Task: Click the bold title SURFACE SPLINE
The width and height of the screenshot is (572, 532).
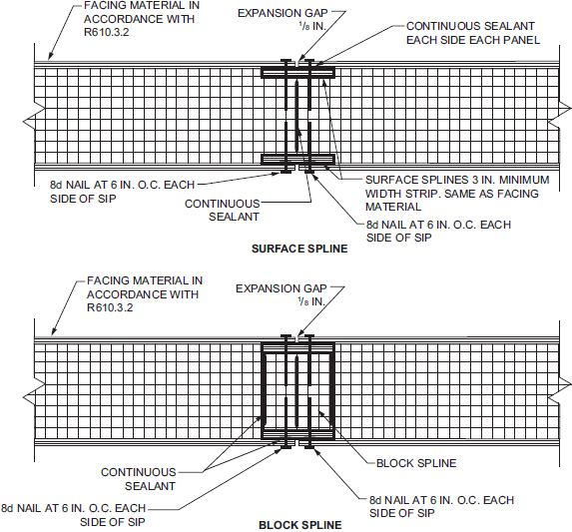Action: click(x=299, y=249)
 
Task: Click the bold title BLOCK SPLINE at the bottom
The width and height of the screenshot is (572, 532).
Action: click(x=300, y=525)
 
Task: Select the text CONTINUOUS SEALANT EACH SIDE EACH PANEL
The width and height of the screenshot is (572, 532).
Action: click(x=473, y=33)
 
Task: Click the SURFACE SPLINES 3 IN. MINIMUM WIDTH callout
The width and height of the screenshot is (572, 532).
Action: click(x=457, y=194)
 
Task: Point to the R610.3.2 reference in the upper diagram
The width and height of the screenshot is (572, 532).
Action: click(x=106, y=32)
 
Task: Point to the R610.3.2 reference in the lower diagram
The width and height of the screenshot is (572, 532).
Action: click(x=110, y=307)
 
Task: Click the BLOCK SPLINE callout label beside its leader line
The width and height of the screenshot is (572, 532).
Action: click(x=416, y=463)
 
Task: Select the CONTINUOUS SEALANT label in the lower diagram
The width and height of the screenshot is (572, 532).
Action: click(x=139, y=479)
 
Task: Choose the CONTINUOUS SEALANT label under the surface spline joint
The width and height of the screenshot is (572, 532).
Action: click(x=223, y=210)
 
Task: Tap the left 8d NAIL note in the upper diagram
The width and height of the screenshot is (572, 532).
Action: click(x=122, y=192)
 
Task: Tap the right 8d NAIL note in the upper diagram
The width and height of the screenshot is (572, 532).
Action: click(x=438, y=232)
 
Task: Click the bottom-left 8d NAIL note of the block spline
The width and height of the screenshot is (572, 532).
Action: click(x=73, y=515)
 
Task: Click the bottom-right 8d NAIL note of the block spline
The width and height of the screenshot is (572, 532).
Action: click(x=441, y=506)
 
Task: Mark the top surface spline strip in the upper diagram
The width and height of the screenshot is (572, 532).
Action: click(x=298, y=73)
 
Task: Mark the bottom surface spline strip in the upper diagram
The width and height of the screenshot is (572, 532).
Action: click(x=298, y=160)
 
